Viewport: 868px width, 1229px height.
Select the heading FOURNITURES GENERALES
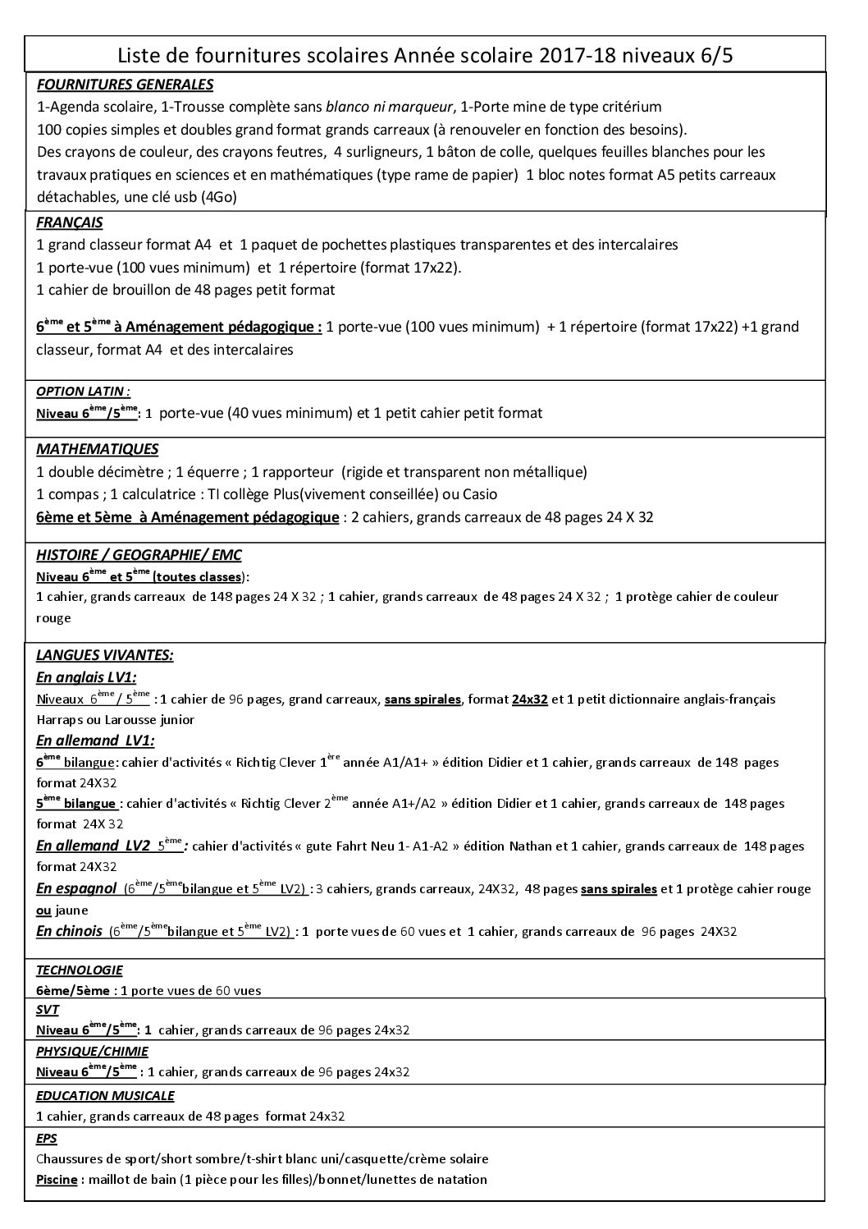126,85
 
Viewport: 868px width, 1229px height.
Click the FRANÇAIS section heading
70,222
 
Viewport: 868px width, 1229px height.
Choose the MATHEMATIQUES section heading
98,449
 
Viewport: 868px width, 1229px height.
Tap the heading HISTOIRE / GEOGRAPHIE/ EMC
139,556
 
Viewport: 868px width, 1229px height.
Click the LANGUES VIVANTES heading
104,655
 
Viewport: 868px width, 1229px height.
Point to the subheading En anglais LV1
86,677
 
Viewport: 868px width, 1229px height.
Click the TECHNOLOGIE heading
80,970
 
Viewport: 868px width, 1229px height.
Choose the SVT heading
48,1010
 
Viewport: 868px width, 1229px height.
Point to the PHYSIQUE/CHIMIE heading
92,1051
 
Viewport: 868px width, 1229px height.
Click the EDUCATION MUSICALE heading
105,1095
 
